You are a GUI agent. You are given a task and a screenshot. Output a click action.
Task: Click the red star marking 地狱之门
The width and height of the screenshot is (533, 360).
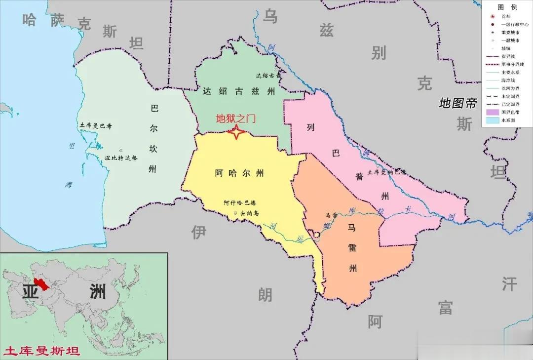pyautogui.click(x=236, y=132)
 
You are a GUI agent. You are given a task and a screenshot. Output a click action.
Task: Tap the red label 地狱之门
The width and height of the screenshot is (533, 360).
pyautogui.click(x=236, y=119)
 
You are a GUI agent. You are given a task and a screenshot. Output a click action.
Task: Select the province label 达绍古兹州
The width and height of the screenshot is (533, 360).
pyautogui.click(x=238, y=91)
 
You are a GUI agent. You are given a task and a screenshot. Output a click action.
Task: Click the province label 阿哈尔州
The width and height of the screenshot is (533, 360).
pyautogui.click(x=239, y=173)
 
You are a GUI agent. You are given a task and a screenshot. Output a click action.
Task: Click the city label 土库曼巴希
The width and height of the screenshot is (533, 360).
pyautogui.click(x=96, y=126)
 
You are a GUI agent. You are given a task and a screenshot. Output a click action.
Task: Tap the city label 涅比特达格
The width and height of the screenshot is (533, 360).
pyautogui.click(x=121, y=158)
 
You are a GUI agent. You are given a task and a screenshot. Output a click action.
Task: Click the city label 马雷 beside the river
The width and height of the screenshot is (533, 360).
pyautogui.click(x=331, y=215)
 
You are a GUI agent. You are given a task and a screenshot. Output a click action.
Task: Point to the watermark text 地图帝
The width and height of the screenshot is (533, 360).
pyautogui.click(x=458, y=103)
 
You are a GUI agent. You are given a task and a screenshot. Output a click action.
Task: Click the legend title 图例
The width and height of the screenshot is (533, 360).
pyautogui.click(x=507, y=7)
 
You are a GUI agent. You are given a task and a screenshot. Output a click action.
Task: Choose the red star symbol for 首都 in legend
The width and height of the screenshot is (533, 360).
pyautogui.click(x=492, y=16)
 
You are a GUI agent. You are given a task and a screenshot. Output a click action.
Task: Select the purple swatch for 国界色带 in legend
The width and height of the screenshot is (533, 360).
pyautogui.click(x=492, y=112)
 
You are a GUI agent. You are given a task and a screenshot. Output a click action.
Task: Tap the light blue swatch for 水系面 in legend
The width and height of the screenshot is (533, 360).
pyautogui.click(x=492, y=120)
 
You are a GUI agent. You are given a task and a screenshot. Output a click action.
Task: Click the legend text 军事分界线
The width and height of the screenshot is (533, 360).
pyautogui.click(x=512, y=64)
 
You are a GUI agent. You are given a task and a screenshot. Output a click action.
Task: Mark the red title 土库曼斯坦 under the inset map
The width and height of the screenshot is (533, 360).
pyautogui.click(x=41, y=352)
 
